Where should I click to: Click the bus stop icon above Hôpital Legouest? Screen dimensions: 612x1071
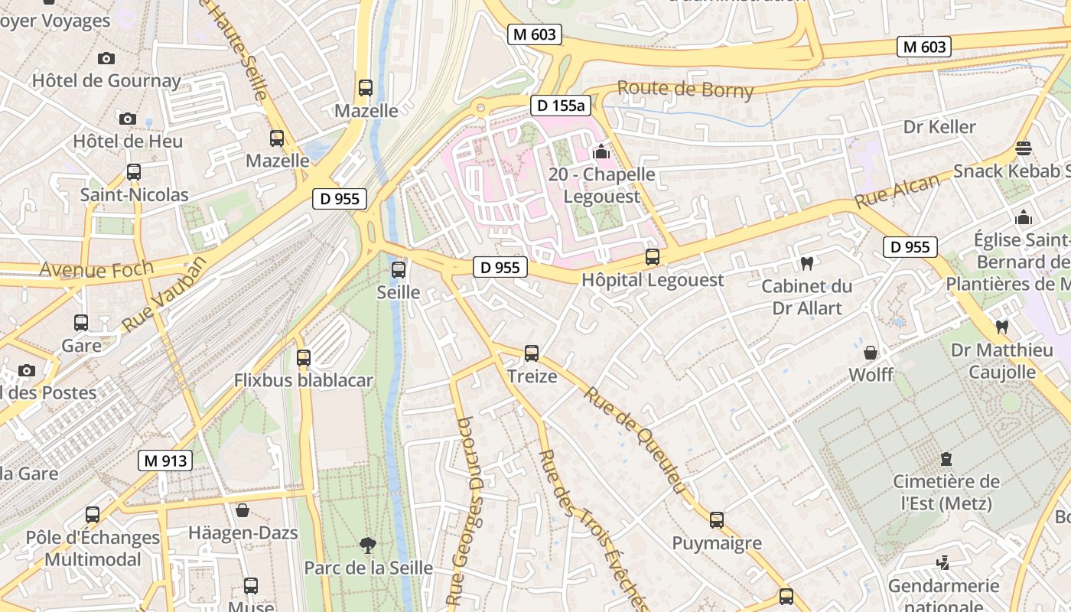coord(653,257)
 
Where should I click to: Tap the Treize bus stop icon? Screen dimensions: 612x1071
coord(532,353)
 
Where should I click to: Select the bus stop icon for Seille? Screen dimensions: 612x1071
coord(399,269)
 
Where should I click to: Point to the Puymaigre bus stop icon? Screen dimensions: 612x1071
coord(717,520)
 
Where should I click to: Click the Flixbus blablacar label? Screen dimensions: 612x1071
coord(304,380)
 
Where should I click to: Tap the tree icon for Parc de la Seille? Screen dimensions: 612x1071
coord(368,545)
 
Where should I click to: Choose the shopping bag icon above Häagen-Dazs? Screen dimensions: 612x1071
coord(243,510)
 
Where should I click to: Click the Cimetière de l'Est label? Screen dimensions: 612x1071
coord(946,493)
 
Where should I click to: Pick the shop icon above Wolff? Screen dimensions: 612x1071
coord(871,353)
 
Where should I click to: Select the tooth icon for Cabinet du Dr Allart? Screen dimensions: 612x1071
coord(806,264)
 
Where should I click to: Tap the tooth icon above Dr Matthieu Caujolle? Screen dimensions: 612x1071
coord(1001,327)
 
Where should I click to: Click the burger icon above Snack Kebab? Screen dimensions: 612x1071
coord(1024,148)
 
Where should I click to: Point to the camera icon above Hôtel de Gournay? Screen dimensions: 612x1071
coord(106,58)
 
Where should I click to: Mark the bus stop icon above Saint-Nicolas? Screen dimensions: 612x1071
coord(134,172)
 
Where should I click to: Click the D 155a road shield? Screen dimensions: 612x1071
coord(561,106)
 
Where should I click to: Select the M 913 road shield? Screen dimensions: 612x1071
coord(164,461)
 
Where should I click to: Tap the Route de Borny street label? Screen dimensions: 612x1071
coord(685,90)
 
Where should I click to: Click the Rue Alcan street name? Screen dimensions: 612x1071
coord(897,191)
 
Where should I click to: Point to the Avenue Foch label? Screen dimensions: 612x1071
coord(96,269)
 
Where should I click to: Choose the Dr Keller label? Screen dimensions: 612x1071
coord(939,127)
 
